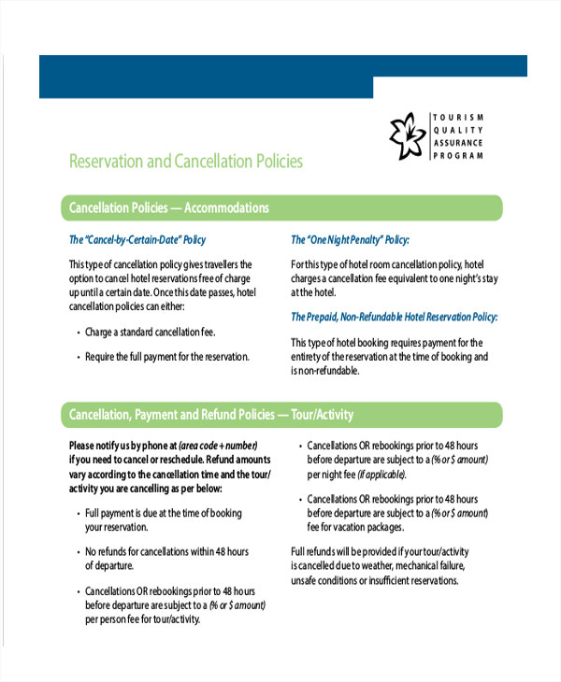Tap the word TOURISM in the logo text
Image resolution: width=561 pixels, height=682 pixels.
tap(458, 116)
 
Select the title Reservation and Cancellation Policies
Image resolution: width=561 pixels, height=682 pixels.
tap(186, 162)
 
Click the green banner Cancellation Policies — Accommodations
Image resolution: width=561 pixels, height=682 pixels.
tap(169, 207)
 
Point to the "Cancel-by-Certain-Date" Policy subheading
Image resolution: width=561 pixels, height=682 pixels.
tap(137, 240)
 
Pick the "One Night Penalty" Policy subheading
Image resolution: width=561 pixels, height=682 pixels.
tap(350, 240)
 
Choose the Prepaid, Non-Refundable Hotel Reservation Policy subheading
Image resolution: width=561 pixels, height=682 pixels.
tap(394, 317)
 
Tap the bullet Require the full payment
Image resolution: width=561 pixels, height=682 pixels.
tap(166, 356)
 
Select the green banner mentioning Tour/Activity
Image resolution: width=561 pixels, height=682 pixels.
tap(211, 414)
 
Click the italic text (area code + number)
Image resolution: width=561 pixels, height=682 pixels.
tap(217, 445)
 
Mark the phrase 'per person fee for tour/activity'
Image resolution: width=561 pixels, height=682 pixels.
tap(143, 619)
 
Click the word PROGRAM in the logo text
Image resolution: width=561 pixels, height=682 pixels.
tap(458, 156)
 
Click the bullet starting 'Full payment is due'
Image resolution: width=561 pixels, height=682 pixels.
tap(163, 513)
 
